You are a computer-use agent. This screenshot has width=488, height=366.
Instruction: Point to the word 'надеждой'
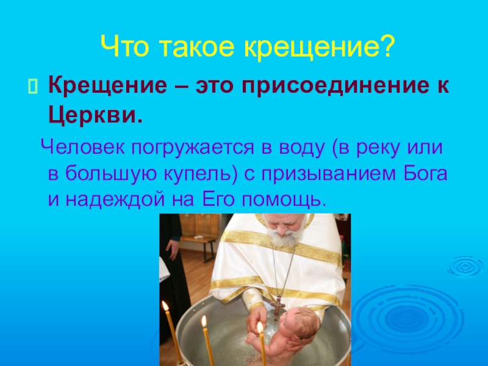click(x=113, y=199)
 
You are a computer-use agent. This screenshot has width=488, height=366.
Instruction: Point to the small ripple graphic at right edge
click(x=464, y=267)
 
